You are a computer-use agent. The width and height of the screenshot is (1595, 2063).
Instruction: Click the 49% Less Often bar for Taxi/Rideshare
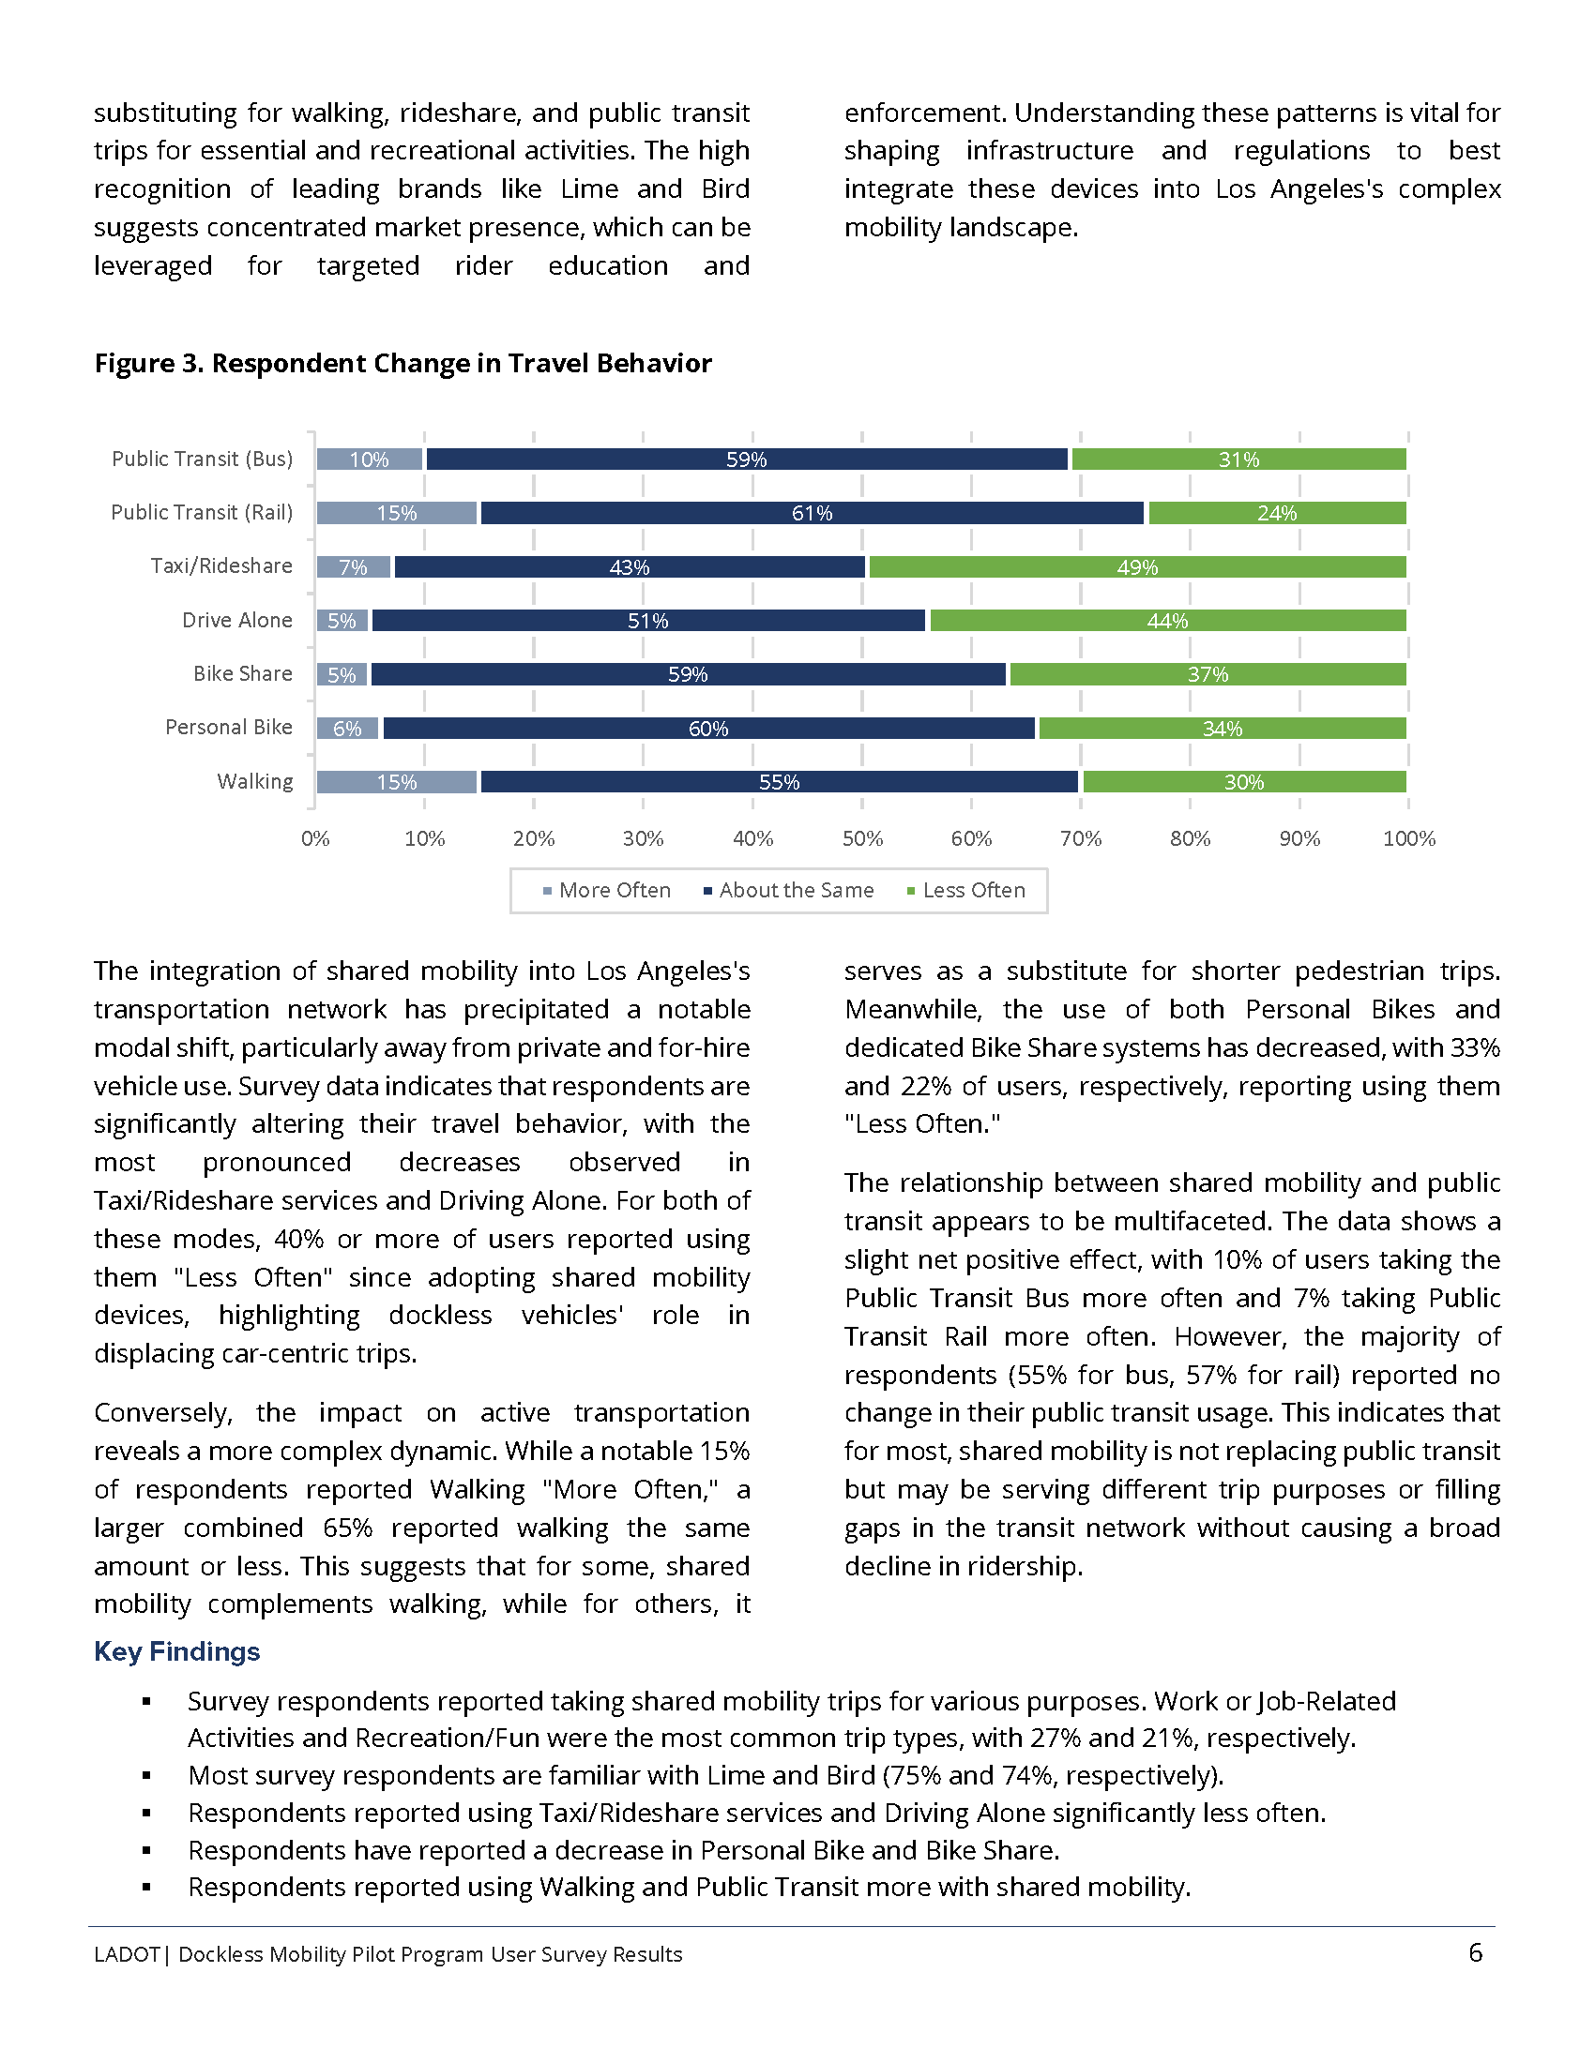point(1137,566)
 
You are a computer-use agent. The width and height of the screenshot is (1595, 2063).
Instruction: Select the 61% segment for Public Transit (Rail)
point(812,513)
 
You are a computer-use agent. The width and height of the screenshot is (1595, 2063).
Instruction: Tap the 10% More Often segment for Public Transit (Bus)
point(370,459)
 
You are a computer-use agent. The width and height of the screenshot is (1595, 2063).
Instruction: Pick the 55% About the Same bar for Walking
point(779,782)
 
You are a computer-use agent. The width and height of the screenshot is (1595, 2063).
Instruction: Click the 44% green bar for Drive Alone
point(1168,621)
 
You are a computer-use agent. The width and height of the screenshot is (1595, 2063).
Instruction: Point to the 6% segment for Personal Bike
point(348,729)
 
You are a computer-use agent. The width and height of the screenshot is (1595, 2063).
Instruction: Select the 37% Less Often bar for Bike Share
point(1208,674)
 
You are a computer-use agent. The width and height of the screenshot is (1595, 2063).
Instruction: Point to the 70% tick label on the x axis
point(1080,839)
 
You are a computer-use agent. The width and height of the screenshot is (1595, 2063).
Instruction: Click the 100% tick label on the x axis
point(1408,839)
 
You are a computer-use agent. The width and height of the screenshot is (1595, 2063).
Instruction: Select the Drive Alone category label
point(237,621)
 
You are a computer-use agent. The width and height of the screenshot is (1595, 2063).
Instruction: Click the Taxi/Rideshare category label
point(221,565)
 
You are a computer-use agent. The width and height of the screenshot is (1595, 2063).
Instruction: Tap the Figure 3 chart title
point(403,364)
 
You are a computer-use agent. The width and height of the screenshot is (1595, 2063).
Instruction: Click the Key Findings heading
point(176,1651)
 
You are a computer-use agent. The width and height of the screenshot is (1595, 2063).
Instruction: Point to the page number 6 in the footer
point(1475,1952)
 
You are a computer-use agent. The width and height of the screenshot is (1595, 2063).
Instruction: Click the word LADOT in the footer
point(127,1954)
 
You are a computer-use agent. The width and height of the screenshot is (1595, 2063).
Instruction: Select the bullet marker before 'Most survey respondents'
point(146,1776)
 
